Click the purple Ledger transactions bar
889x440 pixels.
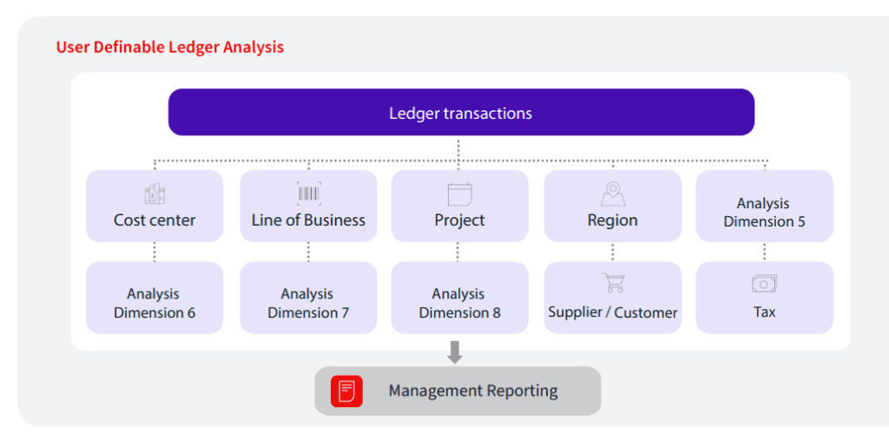pyautogui.click(x=460, y=113)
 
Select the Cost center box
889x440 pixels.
pyautogui.click(x=155, y=207)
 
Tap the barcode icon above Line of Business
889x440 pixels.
pyautogui.click(x=309, y=194)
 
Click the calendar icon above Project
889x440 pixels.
pyautogui.click(x=459, y=194)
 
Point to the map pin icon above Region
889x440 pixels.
pyautogui.click(x=613, y=194)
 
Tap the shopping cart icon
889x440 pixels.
pyautogui.click(x=613, y=283)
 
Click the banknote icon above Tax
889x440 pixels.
pyautogui.click(x=764, y=284)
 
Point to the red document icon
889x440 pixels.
pyautogui.click(x=346, y=391)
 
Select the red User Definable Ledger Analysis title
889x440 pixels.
pyautogui.click(x=170, y=47)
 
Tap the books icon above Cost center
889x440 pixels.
pyautogui.click(x=155, y=194)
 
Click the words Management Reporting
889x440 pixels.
pyautogui.click(x=473, y=391)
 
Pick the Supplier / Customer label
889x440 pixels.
pyautogui.click(x=613, y=312)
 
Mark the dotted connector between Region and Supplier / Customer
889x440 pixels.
pyautogui.click(x=613, y=252)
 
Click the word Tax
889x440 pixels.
pyautogui.click(x=764, y=312)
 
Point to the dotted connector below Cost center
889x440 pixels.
pyautogui.click(x=155, y=252)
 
